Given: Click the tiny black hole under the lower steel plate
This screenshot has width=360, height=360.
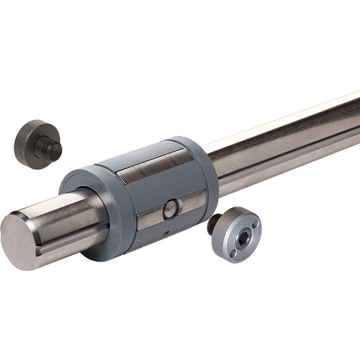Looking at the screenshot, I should [165, 234].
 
